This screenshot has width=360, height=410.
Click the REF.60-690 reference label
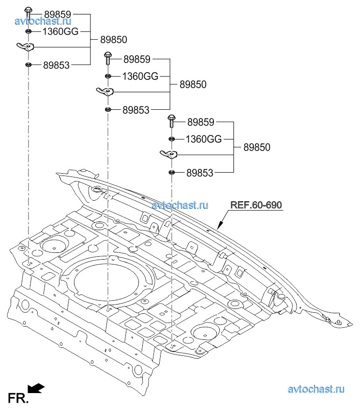click(255, 205)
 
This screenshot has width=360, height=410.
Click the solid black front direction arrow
click(36, 388)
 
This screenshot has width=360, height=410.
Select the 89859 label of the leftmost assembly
click(57, 15)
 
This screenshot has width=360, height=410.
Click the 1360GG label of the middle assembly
click(140, 76)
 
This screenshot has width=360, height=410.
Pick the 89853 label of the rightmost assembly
click(199, 173)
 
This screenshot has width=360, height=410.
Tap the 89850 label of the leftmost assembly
click(114, 40)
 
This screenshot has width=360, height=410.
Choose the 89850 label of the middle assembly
click(193, 84)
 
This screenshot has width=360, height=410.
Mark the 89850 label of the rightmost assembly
click(256, 147)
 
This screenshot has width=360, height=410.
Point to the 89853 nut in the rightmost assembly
click(171, 173)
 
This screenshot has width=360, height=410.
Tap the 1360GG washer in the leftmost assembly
click(28, 31)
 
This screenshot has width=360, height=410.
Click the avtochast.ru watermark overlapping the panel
click(180, 205)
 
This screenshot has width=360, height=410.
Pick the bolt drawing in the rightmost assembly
click(171, 120)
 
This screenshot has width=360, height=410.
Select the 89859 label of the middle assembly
click(137, 59)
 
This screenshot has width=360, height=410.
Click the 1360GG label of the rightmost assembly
click(204, 139)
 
